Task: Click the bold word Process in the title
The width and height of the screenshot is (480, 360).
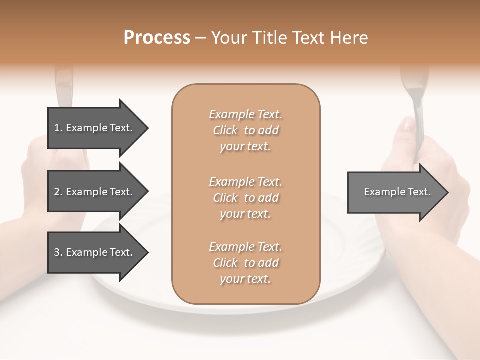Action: click(x=157, y=38)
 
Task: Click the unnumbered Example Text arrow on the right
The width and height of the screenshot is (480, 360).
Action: click(x=397, y=192)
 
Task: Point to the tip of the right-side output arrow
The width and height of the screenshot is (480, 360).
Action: click(x=447, y=192)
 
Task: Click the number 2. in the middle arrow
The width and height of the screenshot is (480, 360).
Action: click(x=58, y=192)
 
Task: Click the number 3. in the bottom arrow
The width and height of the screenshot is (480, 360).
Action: click(x=58, y=252)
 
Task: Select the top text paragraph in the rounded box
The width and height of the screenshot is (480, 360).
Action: click(x=245, y=130)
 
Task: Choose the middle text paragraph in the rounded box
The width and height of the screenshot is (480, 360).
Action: click(x=245, y=198)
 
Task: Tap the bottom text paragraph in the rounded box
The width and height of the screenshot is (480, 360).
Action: click(x=245, y=263)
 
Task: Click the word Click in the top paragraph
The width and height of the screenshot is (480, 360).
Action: click(x=225, y=130)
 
